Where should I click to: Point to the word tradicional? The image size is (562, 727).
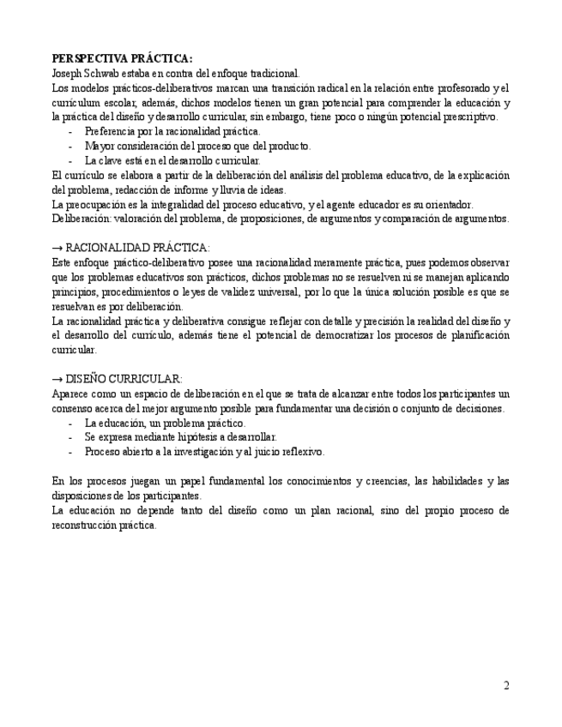point(274,74)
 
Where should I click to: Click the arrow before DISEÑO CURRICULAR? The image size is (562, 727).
point(57,379)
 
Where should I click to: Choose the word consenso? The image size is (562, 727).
point(71,408)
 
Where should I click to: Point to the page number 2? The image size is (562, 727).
point(506,686)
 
